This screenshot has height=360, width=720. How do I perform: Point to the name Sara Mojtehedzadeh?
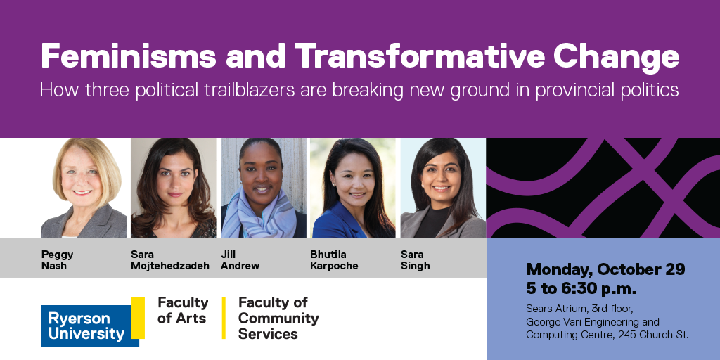click(169, 259)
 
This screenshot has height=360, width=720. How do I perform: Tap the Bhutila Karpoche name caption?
click(334, 259)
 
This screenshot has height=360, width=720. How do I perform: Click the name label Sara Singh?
click(415, 259)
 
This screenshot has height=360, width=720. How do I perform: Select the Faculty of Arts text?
click(183, 310)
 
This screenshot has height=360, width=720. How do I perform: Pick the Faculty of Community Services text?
click(278, 318)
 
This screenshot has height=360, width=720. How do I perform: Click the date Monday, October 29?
click(605, 269)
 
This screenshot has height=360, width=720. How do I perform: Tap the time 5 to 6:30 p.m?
click(581, 288)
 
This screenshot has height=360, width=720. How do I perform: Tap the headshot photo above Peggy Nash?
click(84, 188)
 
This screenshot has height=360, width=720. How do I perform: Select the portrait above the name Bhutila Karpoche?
click(353, 188)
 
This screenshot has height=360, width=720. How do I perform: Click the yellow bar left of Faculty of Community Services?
click(224, 318)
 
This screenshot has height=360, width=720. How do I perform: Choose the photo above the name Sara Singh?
click(442, 188)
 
